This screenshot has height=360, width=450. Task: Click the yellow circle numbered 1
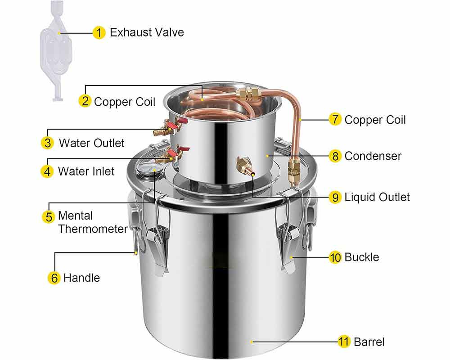coord(99,32)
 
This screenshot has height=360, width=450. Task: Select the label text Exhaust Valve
coord(147,32)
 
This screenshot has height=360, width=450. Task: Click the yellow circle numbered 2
coord(85,101)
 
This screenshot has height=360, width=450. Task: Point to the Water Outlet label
coord(91,143)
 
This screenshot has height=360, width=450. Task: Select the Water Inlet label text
coord(86,171)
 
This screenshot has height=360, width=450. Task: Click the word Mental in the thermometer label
coord(75,216)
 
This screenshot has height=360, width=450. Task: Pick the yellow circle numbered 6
coord(54,278)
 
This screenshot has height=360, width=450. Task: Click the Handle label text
coord(81,278)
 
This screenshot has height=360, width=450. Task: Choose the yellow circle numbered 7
coord(335,120)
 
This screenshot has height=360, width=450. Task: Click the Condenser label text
coord(373,156)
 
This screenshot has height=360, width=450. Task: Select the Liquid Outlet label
coord(377,197)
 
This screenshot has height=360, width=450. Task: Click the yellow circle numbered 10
coord(335,257)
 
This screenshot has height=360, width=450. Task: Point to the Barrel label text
coord(369,342)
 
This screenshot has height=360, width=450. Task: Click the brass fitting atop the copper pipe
coord(248,95)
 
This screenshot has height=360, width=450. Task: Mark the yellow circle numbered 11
coord(344,342)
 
